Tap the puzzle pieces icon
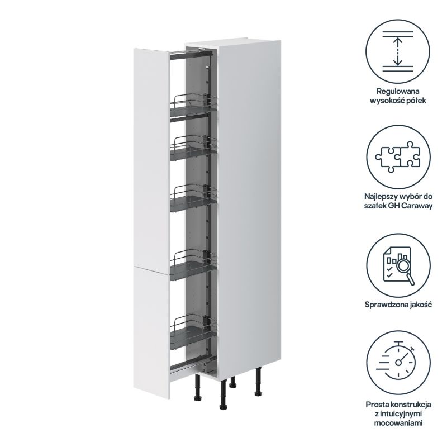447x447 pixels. tap(398, 157)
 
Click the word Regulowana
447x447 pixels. tap(398, 92)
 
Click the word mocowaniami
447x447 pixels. tap(398, 423)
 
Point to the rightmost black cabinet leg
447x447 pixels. tap(259, 382)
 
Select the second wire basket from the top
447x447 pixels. tap(193, 149)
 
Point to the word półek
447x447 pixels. tap(416, 101)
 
